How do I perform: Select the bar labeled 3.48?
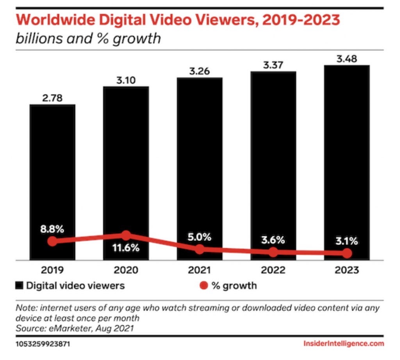point(347,156)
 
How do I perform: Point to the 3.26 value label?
point(199,72)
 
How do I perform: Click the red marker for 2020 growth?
point(126,235)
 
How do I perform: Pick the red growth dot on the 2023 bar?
point(347,254)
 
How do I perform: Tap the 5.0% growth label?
point(199,237)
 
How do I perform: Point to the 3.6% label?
point(273,240)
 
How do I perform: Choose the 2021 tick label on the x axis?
point(199,270)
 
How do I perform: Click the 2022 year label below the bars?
point(273,270)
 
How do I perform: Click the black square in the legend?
point(19,286)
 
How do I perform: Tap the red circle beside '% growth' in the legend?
point(203,286)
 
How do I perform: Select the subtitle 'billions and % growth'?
point(88,39)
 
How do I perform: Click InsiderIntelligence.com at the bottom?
point(343,344)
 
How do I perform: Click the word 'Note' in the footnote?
point(24,308)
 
